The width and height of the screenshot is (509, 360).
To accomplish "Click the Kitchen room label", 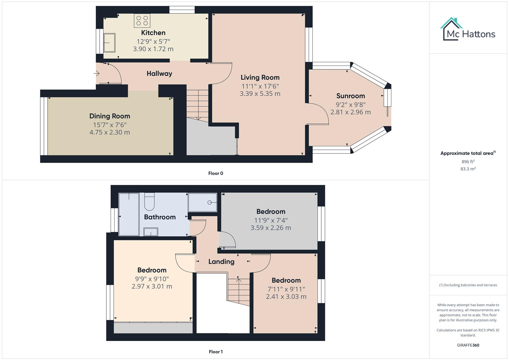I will [153, 33].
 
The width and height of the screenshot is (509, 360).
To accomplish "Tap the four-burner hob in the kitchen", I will [142, 20].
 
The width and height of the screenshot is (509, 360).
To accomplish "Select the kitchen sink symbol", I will [109, 43].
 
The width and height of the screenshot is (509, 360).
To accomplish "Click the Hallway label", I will [159, 74].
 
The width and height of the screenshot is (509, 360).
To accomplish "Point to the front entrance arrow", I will [97, 73].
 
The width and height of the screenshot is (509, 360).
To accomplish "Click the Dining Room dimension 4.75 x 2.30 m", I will [109, 132].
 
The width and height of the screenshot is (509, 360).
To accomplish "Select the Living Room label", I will [260, 77].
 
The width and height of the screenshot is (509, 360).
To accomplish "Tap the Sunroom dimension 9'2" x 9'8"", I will [350, 104].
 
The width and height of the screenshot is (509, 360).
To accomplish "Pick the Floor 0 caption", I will [216, 173].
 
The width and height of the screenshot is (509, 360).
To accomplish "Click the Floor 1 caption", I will [216, 352].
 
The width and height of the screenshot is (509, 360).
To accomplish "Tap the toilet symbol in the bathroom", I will [149, 202].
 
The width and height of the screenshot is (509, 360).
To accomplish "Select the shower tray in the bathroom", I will [202, 202].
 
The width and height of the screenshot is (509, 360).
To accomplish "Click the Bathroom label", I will [160, 217].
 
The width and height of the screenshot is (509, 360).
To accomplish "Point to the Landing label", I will [221, 262].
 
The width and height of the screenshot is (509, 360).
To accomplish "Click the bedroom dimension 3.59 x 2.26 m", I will [271, 228].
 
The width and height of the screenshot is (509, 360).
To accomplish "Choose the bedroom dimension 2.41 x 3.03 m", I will [286, 297].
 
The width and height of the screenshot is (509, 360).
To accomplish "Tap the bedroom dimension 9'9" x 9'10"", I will [152, 279].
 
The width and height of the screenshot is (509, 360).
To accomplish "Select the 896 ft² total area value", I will [468, 162].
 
